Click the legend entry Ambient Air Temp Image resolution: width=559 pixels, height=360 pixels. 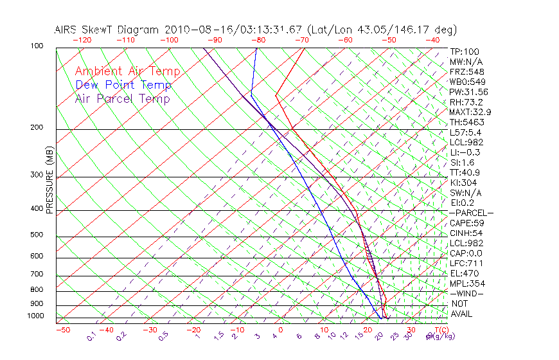(x=127, y=71)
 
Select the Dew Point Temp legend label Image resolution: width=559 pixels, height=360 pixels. (x=123, y=85)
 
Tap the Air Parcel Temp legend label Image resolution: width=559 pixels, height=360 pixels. (x=122, y=98)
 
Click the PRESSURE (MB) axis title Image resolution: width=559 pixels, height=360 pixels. (x=49, y=181)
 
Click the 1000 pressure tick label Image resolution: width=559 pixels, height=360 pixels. (x=37, y=316)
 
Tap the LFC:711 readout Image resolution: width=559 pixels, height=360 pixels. (x=465, y=263)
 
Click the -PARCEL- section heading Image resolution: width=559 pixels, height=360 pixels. (x=472, y=213)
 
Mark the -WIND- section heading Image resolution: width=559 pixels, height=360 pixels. (x=467, y=293)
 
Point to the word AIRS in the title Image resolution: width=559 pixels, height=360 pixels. (x=67, y=30)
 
